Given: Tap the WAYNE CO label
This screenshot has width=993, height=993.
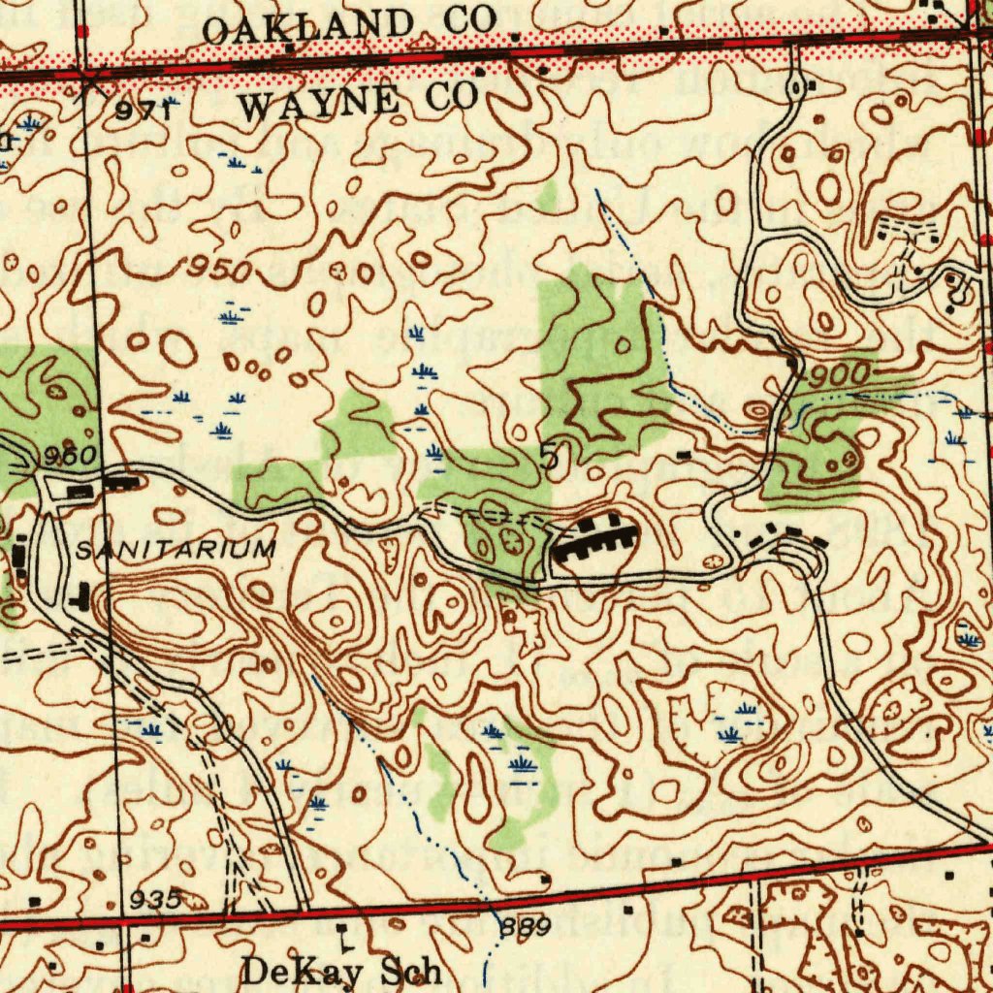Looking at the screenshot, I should [359, 100].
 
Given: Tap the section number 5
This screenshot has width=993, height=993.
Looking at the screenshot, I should [550, 455].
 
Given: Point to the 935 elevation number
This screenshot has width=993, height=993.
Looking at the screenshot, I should [156, 899].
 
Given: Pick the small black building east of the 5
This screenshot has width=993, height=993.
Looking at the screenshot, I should [685, 454].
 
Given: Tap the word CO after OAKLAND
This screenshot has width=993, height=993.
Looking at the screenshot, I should [470, 18].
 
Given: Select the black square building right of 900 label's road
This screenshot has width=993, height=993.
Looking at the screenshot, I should [792, 363].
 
